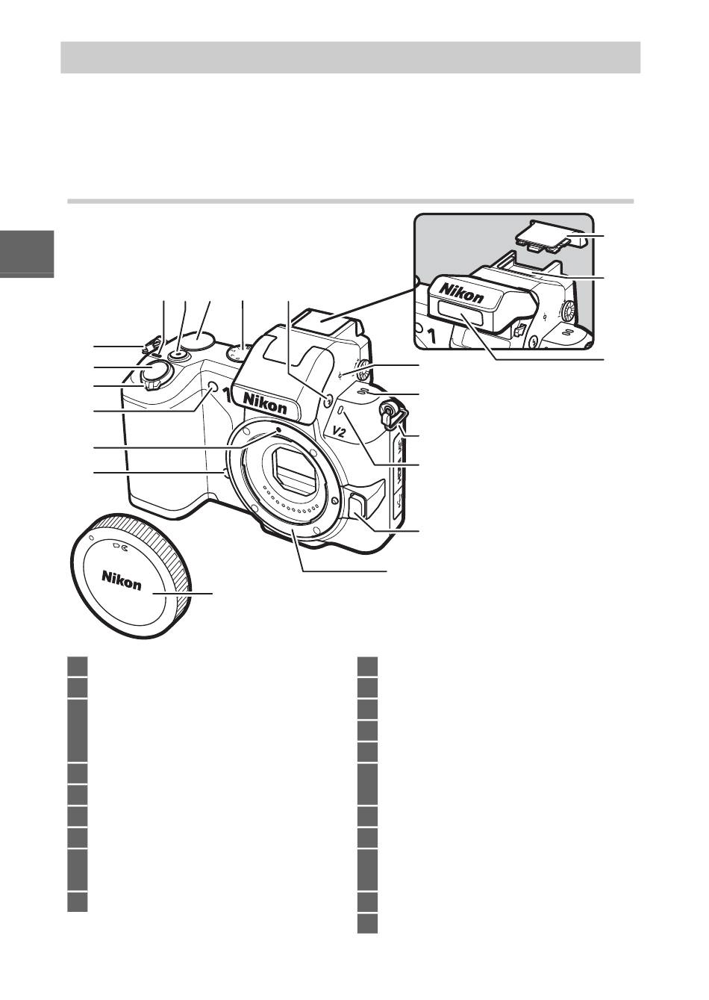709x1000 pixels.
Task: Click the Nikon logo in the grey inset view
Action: [x=462, y=293]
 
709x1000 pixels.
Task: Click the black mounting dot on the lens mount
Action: [x=279, y=430]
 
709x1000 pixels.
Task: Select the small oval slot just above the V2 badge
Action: [x=341, y=411]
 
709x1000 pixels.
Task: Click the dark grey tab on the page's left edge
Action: [x=27, y=254]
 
